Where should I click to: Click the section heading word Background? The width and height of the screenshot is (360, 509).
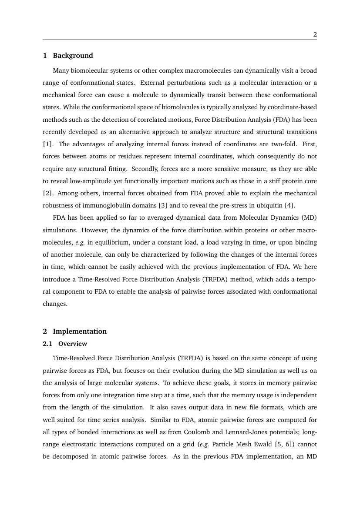[73, 56]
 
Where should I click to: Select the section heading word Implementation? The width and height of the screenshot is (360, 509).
[80, 332]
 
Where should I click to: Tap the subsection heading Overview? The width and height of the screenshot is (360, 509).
[73, 344]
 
